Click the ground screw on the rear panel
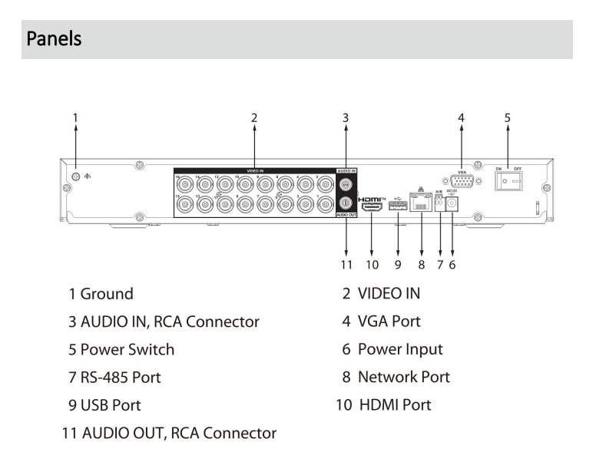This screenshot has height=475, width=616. click(75, 177)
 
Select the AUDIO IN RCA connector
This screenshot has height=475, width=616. click(346, 184)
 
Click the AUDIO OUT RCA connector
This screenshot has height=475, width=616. click(346, 203)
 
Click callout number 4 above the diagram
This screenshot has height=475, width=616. click(461, 117)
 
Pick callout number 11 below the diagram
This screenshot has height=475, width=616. click(346, 265)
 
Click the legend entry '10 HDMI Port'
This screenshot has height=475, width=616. click(384, 404)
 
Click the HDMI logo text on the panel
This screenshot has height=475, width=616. click(372, 197)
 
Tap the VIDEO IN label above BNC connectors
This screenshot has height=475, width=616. click(254, 170)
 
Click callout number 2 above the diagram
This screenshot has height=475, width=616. click(254, 117)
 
